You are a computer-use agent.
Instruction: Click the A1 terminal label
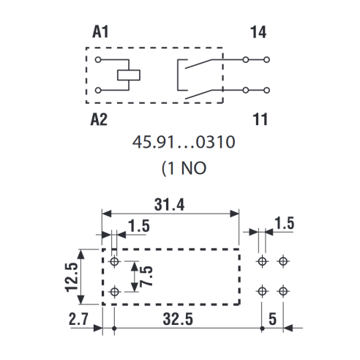(100, 32)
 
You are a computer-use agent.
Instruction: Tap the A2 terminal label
(99, 119)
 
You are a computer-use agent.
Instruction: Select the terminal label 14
(258, 32)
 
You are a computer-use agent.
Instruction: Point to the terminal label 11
(260, 119)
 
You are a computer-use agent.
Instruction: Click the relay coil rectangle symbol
(129, 75)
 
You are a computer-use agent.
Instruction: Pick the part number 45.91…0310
(184, 142)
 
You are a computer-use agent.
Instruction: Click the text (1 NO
(184, 168)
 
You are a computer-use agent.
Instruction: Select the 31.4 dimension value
(169, 205)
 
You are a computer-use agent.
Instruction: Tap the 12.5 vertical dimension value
(72, 277)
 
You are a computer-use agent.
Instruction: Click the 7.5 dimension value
(146, 276)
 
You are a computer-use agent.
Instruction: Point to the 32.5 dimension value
(178, 319)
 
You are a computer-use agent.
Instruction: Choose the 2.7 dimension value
(78, 319)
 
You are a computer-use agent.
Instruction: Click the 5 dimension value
(272, 319)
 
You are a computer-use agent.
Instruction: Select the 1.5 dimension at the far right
(285, 223)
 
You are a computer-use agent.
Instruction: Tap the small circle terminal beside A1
(98, 59)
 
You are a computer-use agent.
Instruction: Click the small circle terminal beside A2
(98, 90)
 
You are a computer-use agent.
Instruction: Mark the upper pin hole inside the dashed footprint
(114, 261)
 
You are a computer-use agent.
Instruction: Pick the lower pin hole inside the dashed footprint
(114, 291)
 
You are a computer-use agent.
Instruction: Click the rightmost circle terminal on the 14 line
(267, 59)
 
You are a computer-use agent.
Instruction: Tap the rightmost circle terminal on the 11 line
(267, 90)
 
